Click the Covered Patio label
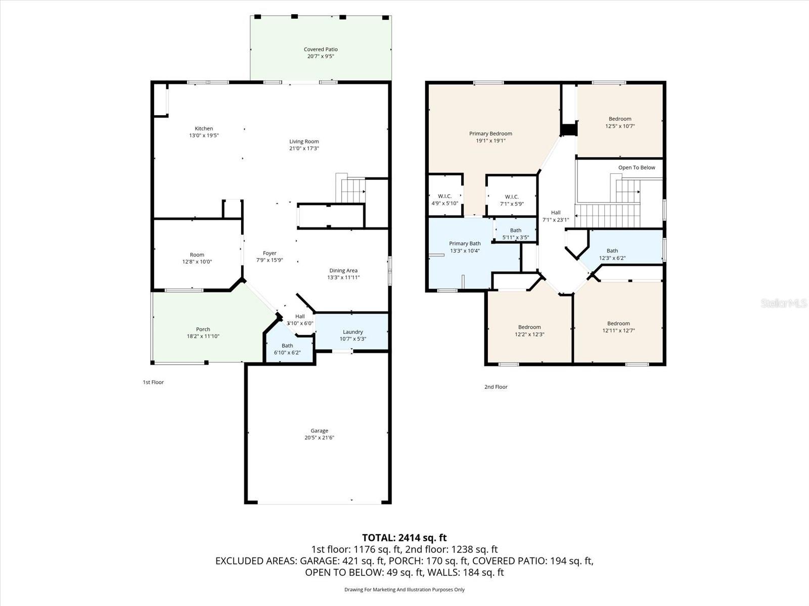point(321,49)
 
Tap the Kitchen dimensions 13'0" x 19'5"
point(204,135)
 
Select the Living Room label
point(304,141)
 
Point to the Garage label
point(319,431)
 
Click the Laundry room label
point(352,332)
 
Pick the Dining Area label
point(343,270)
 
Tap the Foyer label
point(269,253)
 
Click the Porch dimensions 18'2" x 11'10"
point(203,336)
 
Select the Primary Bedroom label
point(490,133)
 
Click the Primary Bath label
point(465,243)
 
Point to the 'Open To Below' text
point(636,167)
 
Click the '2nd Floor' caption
point(496,387)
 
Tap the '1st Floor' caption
point(153,382)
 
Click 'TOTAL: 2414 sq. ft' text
point(404,538)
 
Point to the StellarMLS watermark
point(784,303)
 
